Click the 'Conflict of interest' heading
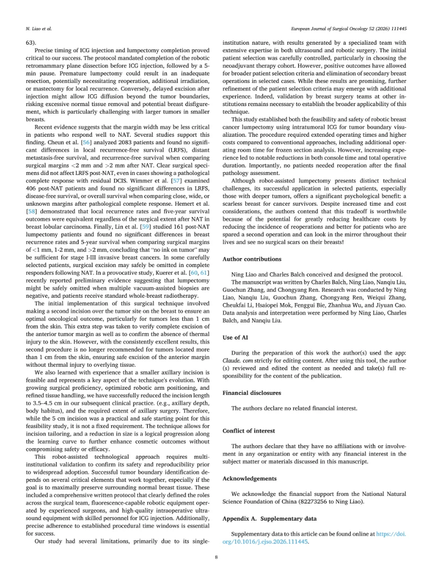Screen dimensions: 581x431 tap(249, 431)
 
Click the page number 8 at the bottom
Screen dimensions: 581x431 tap(215, 557)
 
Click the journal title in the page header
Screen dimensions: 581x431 tap(348, 27)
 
